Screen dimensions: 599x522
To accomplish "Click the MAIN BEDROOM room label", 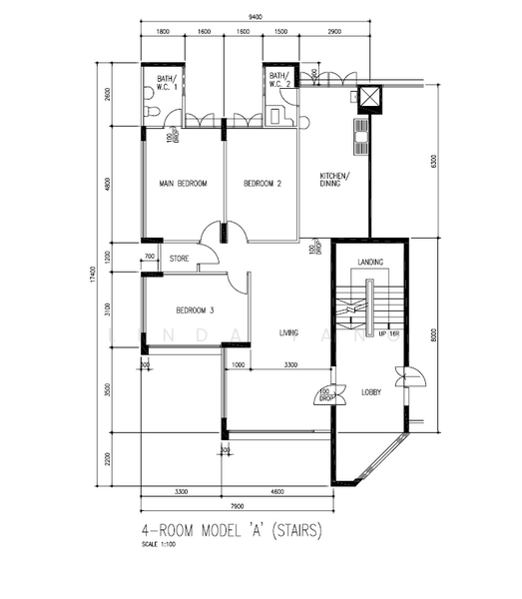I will point(184,184).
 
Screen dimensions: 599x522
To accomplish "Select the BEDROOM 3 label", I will point(182,308).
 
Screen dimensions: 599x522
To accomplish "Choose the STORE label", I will point(179,258).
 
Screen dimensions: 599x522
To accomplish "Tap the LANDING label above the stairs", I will point(370,263).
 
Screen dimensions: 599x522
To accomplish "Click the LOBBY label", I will point(371,392).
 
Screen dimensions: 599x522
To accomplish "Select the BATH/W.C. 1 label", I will point(162,81).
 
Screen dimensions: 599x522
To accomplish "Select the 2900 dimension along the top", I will point(333,32).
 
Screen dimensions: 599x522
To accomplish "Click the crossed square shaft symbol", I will point(370,97).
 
